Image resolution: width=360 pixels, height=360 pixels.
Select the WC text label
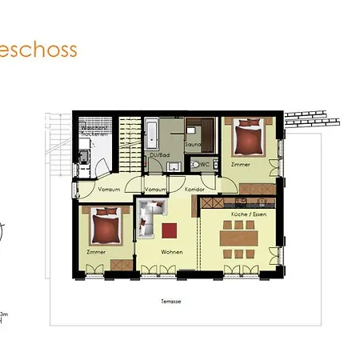[x=205, y=164]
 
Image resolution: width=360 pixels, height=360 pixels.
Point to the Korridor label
[x=194, y=190]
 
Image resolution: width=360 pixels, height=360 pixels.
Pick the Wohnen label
[x=171, y=252]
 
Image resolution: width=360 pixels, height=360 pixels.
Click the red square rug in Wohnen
[x=169, y=230]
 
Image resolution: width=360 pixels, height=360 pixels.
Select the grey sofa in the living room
[x=146, y=220]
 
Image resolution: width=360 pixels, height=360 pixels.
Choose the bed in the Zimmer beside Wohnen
[x=106, y=227]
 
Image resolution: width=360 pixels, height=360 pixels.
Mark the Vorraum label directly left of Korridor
[x=155, y=190]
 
